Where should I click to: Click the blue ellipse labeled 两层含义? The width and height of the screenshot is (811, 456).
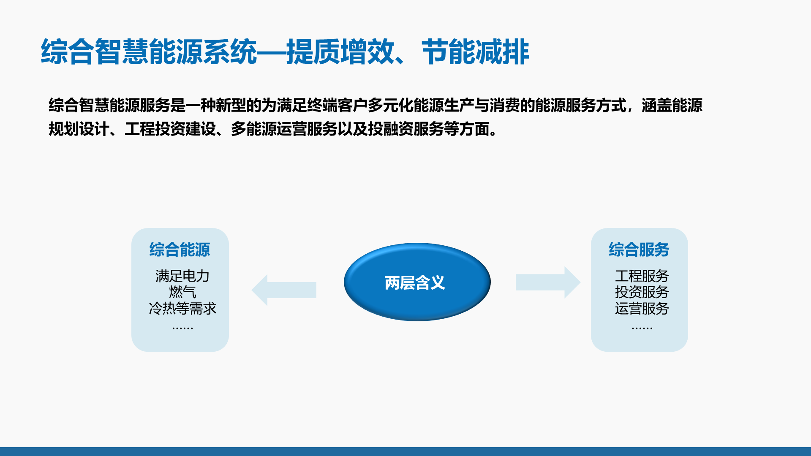pyautogui.click(x=417, y=282)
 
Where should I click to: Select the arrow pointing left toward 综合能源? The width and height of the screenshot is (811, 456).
pyautogui.click(x=284, y=290)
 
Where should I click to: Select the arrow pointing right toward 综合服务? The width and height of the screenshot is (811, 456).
pyautogui.click(x=548, y=282)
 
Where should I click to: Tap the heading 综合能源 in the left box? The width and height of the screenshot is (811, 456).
pyautogui.click(x=180, y=250)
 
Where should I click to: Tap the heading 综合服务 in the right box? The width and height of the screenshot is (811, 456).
pyautogui.click(x=639, y=250)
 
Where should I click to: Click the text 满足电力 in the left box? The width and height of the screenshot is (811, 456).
pyautogui.click(x=182, y=276)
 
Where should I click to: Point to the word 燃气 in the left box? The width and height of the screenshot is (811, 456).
pyautogui.click(x=182, y=292)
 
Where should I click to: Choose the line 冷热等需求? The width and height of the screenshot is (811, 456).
pyautogui.click(x=182, y=308)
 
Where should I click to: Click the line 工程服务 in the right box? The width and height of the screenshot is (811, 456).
pyautogui.click(x=642, y=276)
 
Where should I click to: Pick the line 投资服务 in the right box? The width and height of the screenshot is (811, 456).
pyautogui.click(x=642, y=292)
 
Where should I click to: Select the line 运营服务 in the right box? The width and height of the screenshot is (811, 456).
pyautogui.click(x=642, y=308)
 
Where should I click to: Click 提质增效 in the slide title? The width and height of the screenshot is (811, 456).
pyautogui.click(x=340, y=52)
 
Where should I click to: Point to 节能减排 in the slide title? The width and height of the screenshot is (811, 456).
pyautogui.click(x=476, y=52)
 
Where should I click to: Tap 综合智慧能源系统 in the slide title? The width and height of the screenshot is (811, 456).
pyautogui.click(x=149, y=52)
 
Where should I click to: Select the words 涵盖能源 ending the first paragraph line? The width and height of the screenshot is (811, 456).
pyautogui.click(x=672, y=105)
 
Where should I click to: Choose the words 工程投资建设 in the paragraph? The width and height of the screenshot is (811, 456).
pyautogui.click(x=170, y=129)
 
